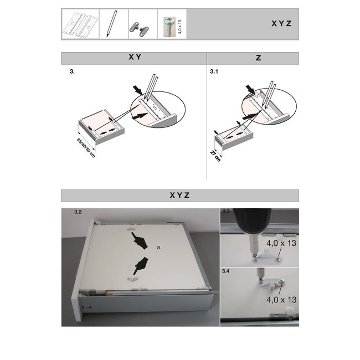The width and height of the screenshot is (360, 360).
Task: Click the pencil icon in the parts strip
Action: (114, 24)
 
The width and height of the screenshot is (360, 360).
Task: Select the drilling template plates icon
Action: (84, 24)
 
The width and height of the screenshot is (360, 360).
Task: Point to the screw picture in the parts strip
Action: (168, 24)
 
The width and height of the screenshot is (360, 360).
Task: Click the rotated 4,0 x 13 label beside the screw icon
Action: (182, 25)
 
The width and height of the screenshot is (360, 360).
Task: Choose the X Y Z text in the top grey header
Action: (281, 24)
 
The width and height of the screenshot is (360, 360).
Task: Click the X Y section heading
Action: (133, 58)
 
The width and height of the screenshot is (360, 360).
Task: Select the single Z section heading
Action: (252, 58)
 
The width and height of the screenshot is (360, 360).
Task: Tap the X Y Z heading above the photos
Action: (179, 195)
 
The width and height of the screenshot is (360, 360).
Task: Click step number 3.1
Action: (214, 72)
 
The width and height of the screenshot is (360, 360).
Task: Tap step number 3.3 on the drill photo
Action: (226, 212)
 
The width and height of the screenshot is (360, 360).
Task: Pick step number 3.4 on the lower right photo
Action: (226, 271)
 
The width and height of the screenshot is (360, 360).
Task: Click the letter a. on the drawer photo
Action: (159, 248)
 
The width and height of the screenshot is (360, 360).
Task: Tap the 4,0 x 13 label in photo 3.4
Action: (281, 299)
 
